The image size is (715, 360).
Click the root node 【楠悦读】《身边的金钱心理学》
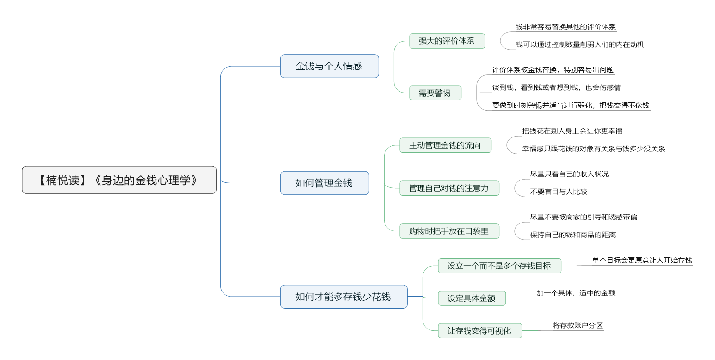tap(119, 180)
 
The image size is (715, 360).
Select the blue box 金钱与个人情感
tap(330, 66)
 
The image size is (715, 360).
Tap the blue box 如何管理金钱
tap(324, 183)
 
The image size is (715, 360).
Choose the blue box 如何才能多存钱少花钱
tap(344, 297)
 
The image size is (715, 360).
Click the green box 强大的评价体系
tap(447, 41)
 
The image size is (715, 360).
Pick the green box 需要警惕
tap(435, 93)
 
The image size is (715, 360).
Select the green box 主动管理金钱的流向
tap(445, 145)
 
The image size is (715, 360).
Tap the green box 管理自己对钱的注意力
tap(449, 188)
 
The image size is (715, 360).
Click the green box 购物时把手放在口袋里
tap(449, 231)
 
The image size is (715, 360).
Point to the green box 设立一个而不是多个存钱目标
tap(499, 266)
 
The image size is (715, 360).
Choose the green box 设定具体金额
tap(472, 298)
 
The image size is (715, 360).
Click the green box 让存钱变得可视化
tap(480, 331)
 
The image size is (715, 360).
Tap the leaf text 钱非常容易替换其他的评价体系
tap(566, 27)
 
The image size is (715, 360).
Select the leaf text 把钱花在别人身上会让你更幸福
tap(572, 131)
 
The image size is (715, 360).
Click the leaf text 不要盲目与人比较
tap(559, 192)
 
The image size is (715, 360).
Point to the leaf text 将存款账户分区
tap(578, 325)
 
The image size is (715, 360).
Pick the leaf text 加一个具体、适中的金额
tap(576, 292)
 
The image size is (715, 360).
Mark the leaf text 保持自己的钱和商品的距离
tap(573, 235)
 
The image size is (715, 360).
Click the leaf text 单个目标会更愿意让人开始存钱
tap(642, 260)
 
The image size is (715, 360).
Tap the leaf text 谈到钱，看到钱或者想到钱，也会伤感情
tap(556, 87)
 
